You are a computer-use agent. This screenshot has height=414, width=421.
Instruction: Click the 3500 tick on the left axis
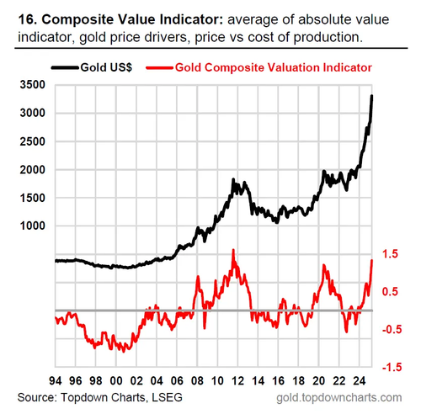[33, 85]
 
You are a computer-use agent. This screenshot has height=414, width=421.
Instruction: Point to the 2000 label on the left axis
[33, 170]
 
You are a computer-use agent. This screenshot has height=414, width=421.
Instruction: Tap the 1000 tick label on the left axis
[33, 226]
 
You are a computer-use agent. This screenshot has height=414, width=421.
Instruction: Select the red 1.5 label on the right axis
[390, 253]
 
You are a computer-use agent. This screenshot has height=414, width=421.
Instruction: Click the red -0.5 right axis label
[392, 329]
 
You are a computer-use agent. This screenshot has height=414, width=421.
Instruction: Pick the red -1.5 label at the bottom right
[392, 367]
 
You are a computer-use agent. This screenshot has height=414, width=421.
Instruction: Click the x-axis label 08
[197, 381]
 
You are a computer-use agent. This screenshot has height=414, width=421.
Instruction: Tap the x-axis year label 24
[360, 381]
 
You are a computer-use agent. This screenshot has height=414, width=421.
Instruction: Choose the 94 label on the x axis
[56, 381]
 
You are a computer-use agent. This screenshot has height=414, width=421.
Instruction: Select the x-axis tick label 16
[279, 381]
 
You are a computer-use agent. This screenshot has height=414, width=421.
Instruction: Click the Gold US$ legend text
[106, 67]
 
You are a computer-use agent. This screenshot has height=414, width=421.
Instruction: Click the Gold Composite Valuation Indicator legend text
[274, 67]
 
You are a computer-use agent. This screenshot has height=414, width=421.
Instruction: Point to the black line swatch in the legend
[65, 67]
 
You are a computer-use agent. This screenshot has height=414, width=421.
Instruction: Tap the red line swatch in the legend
[159, 67]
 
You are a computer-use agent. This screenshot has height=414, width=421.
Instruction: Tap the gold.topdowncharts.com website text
[339, 398]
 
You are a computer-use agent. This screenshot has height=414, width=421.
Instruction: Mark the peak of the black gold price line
[372, 96]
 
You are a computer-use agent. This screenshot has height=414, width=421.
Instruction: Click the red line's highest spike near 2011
[233, 250]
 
